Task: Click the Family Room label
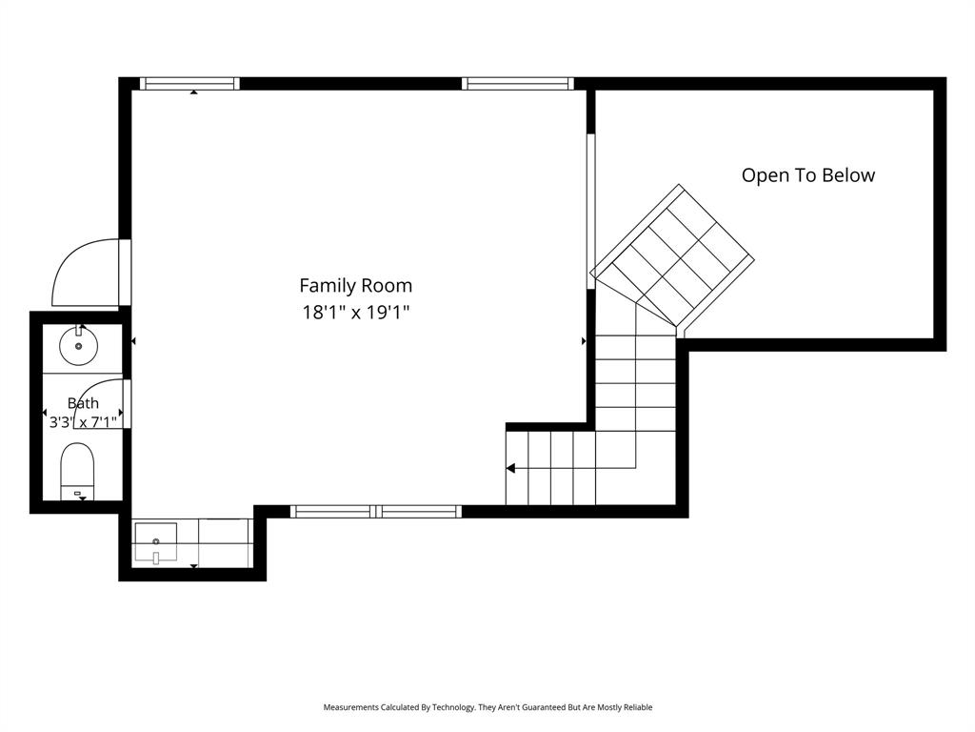(x=356, y=286)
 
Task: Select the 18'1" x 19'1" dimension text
(x=356, y=312)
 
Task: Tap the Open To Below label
(x=807, y=175)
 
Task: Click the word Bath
(x=83, y=403)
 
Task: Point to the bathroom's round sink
(x=78, y=346)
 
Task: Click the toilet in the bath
(x=77, y=471)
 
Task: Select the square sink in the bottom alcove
(x=155, y=542)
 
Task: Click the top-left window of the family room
(x=189, y=84)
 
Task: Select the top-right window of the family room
(x=517, y=84)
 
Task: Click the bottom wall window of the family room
(x=376, y=512)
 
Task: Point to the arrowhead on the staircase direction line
(x=510, y=468)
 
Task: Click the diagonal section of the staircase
(x=672, y=255)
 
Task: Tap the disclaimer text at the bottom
(x=487, y=707)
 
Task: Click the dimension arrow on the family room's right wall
(x=584, y=341)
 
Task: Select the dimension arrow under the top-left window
(x=194, y=92)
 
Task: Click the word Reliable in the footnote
(x=638, y=707)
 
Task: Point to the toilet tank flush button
(x=78, y=493)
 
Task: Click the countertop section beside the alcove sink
(x=224, y=542)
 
